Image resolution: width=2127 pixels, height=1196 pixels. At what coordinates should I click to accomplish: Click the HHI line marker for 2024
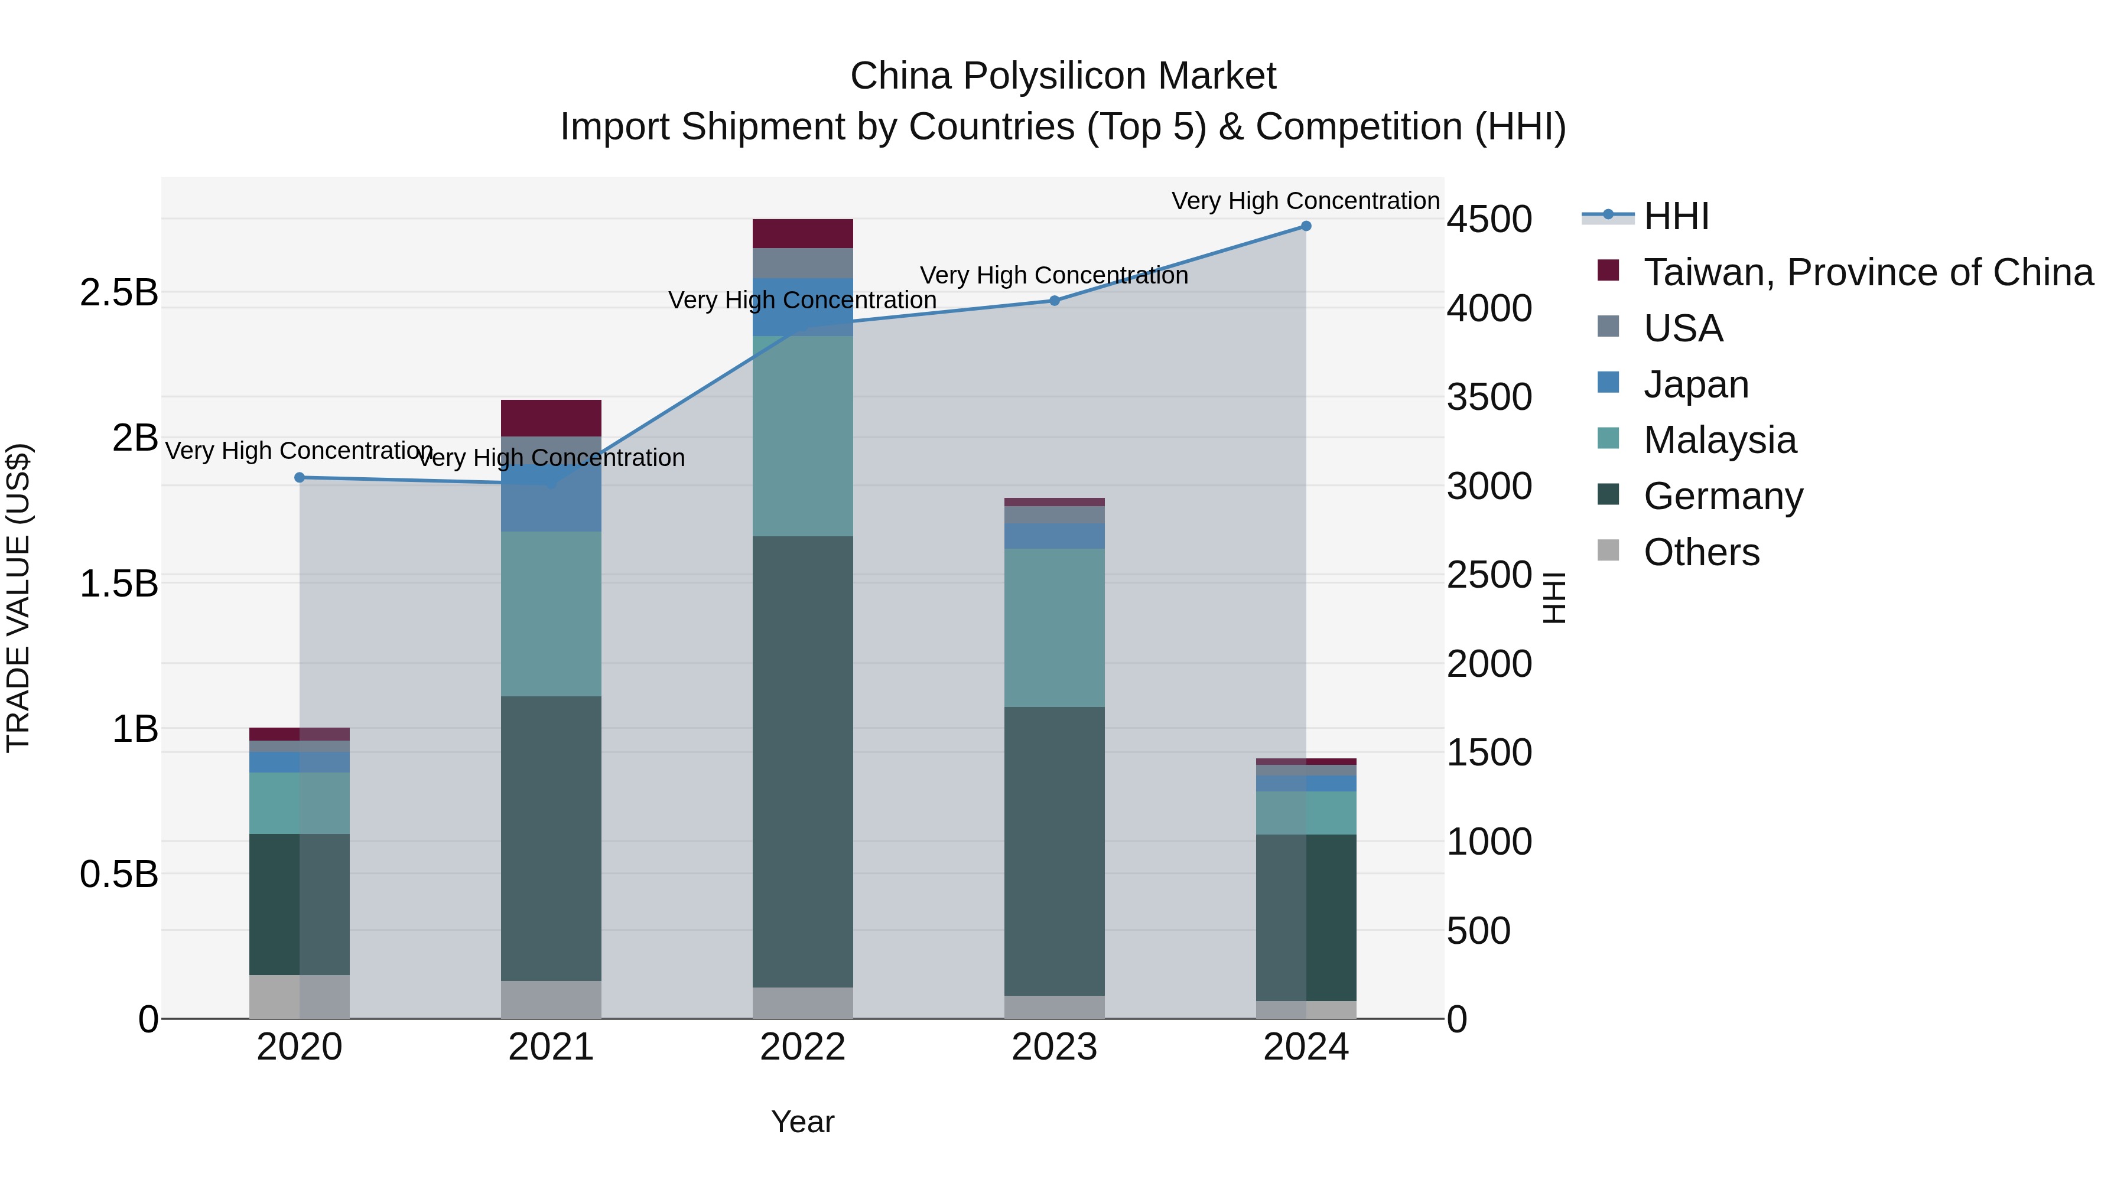tap(1305, 226)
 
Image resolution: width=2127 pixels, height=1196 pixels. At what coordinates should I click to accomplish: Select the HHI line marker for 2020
tap(300, 478)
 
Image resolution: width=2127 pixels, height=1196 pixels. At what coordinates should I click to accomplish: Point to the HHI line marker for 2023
tap(1055, 301)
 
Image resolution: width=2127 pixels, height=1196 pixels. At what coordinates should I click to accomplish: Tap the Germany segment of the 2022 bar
tap(802, 761)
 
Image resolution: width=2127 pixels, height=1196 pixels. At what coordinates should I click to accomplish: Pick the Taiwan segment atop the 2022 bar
tap(802, 233)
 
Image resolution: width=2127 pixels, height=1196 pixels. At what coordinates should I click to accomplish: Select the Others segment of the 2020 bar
tap(300, 996)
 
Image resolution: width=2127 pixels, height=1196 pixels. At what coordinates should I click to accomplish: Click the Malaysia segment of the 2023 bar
tap(1055, 627)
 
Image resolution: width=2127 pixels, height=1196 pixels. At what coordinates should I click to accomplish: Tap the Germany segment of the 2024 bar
tap(1305, 917)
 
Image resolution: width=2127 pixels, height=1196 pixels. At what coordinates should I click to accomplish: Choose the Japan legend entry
tap(1696, 384)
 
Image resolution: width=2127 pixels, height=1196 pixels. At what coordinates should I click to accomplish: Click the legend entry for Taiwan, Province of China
tap(1868, 272)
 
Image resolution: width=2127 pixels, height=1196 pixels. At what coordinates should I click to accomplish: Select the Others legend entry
tap(1701, 552)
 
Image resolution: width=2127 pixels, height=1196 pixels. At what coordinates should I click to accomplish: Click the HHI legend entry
tap(1676, 216)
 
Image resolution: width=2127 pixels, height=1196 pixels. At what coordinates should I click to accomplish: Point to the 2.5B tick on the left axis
tap(119, 293)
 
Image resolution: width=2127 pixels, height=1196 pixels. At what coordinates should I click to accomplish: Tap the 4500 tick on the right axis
tap(1489, 220)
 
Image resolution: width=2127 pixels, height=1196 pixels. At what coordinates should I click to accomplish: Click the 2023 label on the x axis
tap(1055, 1047)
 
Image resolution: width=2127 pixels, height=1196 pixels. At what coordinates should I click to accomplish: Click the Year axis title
tap(802, 1122)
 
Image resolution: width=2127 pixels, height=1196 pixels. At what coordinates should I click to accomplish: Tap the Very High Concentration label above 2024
tap(1305, 201)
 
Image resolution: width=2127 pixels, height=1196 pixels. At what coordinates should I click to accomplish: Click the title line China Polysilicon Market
tap(1063, 76)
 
